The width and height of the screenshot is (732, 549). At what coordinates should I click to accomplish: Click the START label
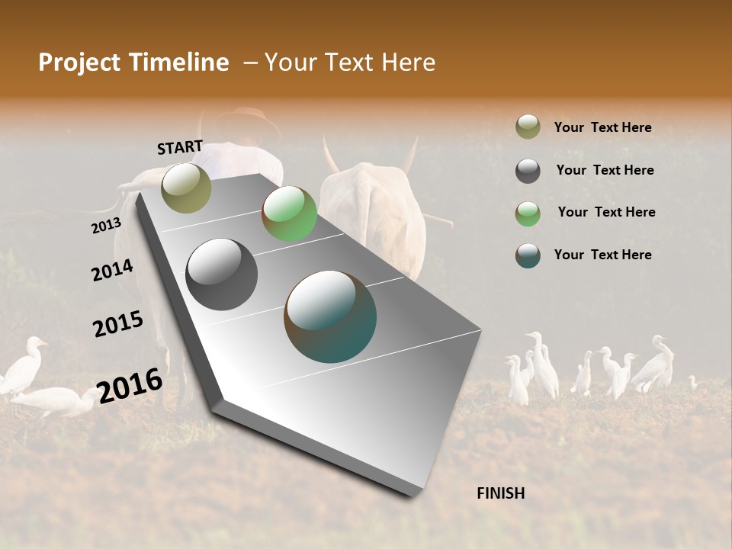(180, 147)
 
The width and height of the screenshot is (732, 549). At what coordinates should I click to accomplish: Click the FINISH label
(500, 493)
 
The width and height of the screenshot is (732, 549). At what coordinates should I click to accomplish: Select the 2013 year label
(106, 226)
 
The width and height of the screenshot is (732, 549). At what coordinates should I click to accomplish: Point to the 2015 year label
(118, 324)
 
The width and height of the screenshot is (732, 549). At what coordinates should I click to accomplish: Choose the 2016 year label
(130, 385)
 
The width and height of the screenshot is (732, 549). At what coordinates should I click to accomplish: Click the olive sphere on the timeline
(186, 188)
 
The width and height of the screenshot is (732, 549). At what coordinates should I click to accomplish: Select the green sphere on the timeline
(289, 213)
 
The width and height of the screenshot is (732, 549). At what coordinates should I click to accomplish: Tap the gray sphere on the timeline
(221, 274)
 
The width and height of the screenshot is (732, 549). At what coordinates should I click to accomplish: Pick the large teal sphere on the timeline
(330, 316)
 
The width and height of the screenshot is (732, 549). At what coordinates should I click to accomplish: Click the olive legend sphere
(528, 127)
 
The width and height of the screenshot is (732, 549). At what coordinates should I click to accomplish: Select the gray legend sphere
(528, 171)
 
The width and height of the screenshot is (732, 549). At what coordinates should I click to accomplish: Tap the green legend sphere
(528, 213)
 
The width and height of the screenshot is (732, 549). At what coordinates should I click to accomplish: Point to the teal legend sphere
(528, 255)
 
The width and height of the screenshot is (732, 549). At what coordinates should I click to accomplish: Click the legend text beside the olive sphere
(602, 127)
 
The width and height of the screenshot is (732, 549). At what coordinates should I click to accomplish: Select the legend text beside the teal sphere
(602, 255)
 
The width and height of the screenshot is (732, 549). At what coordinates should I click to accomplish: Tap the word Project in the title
(79, 63)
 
